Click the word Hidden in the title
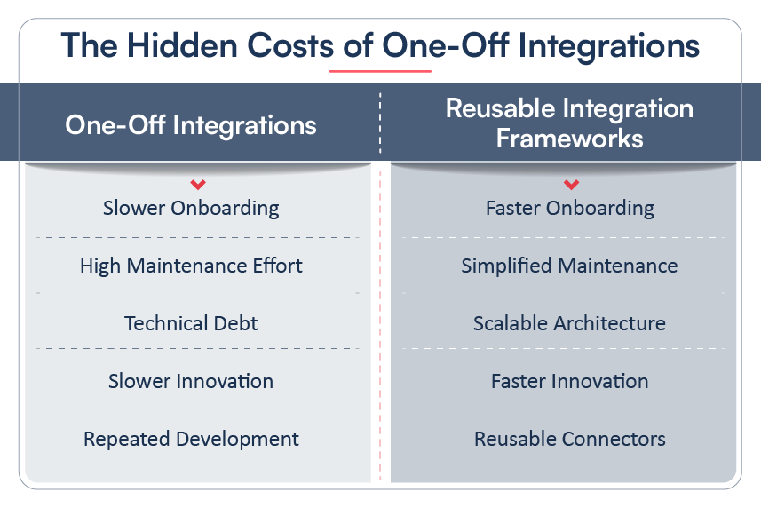pos(182,45)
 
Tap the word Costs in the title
pos(290,45)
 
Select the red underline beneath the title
pos(380,71)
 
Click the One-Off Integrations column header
pos(191,124)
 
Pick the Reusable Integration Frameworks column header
pos(569,123)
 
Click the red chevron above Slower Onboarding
pos(198,184)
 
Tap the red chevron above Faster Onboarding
pos(571,184)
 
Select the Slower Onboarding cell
pos(191,208)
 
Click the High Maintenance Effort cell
pos(191,266)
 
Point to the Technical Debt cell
pos(191,323)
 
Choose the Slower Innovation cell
pos(191,381)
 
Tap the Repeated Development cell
pos(191,439)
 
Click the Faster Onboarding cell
pos(570,208)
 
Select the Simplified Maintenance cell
pos(569,266)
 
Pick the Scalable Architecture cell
pos(569,323)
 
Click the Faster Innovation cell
pos(570,381)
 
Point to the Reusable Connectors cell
pos(570,439)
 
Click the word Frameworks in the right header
pos(570,139)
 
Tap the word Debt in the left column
pos(235,323)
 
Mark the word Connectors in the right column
pos(613,439)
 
